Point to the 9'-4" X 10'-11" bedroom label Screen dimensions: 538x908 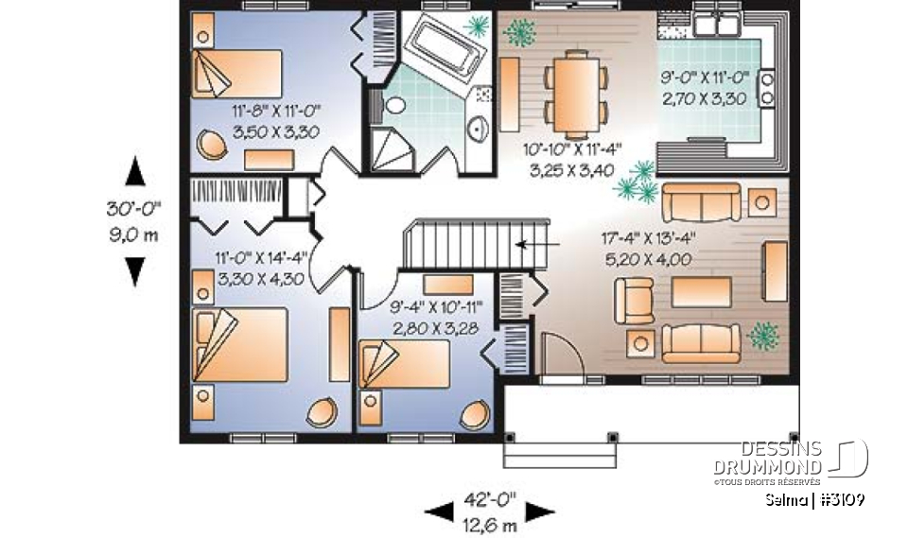(x=436, y=314)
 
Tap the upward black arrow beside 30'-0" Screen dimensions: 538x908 (x=135, y=172)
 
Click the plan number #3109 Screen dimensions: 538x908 (x=841, y=499)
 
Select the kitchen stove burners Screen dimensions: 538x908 (x=767, y=87)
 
